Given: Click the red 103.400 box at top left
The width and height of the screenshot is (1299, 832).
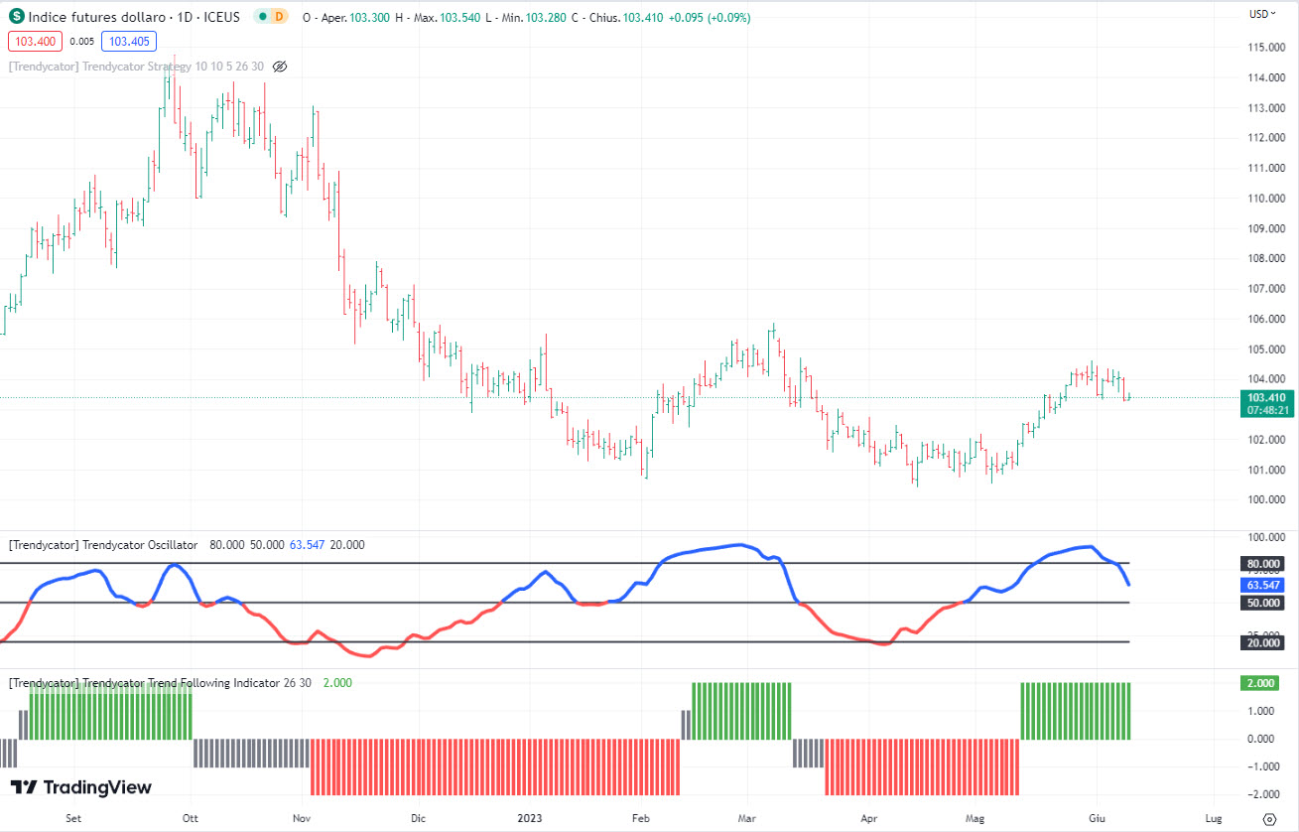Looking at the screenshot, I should pyautogui.click(x=35, y=41).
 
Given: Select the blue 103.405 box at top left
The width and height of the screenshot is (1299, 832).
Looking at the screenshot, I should pyautogui.click(x=129, y=41).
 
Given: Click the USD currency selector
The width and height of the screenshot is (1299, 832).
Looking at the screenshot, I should pyautogui.click(x=1261, y=14).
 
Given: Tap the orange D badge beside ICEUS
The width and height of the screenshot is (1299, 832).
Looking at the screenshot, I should pyautogui.click(x=279, y=17).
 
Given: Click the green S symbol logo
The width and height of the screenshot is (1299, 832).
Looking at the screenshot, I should pyautogui.click(x=17, y=17).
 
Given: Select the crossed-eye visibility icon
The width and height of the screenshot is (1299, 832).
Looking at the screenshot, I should pyautogui.click(x=280, y=67).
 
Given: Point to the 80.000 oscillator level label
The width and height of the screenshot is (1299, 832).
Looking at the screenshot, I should pyautogui.click(x=1259, y=564).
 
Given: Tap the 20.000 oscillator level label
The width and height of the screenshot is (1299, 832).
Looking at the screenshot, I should pyautogui.click(x=1259, y=642).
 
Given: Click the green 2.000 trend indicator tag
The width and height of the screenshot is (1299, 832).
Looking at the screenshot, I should pyautogui.click(x=1259, y=683).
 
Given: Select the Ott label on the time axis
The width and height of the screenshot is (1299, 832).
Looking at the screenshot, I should pyautogui.click(x=190, y=819).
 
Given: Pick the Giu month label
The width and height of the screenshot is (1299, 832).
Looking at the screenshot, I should pyautogui.click(x=1097, y=819).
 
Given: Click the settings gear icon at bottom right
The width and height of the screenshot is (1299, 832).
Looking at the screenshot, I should pyautogui.click(x=1268, y=819).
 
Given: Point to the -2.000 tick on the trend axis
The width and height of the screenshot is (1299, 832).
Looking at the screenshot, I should pyautogui.click(x=1259, y=795).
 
